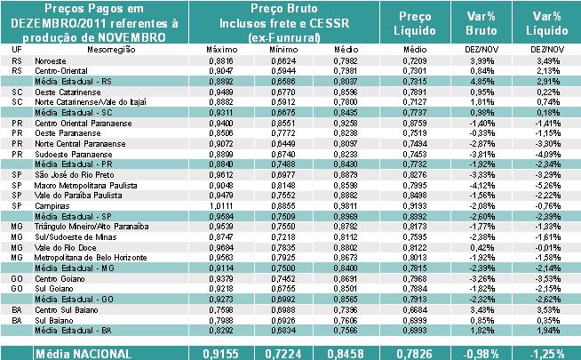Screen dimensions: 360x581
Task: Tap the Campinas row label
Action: click(50, 205)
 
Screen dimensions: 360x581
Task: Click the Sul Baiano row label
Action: click(53, 319)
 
